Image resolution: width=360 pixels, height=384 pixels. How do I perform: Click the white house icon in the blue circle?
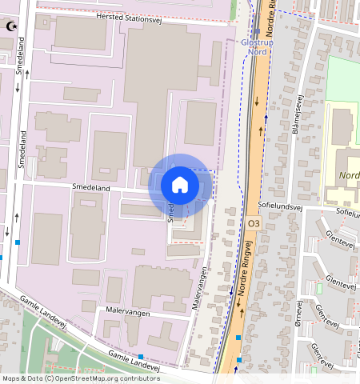tap(180, 186)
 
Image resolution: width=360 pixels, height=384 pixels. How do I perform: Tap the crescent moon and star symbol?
tap(11, 26)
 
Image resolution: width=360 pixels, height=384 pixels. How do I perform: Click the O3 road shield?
tap(254, 222)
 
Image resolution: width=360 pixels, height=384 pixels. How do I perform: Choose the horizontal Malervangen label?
tap(128, 313)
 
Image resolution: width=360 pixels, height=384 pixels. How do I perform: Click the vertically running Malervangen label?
tap(202, 288)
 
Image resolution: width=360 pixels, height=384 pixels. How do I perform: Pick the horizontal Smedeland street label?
tap(90, 186)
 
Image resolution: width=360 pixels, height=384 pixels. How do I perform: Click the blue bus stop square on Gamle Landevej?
tap(141, 356)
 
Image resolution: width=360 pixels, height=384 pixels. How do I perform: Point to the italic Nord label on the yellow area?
tap(349, 176)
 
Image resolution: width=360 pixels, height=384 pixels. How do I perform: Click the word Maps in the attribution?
tap(12, 378)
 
